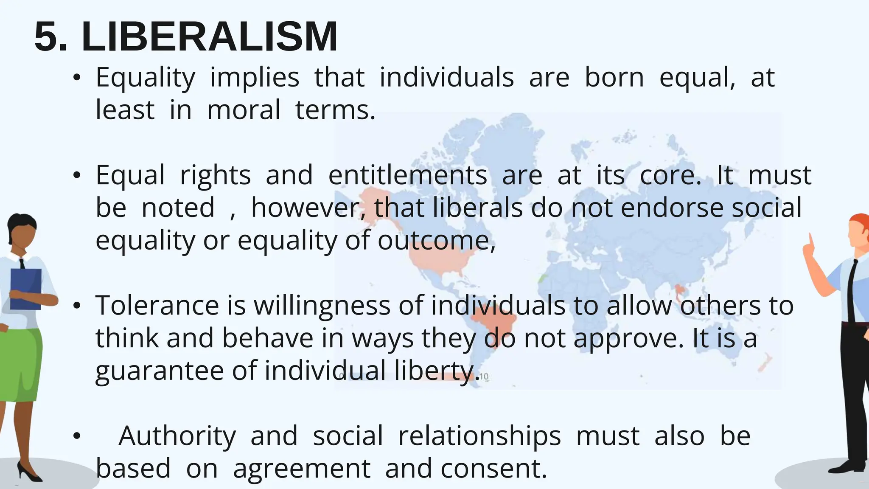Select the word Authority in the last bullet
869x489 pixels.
177,436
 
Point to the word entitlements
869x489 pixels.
407,175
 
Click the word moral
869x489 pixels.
244,110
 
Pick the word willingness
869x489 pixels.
322,306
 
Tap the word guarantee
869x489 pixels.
160,370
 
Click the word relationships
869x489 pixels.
479,436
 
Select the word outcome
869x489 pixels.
436,240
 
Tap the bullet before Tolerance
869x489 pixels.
76,306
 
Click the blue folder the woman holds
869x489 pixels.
25,289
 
